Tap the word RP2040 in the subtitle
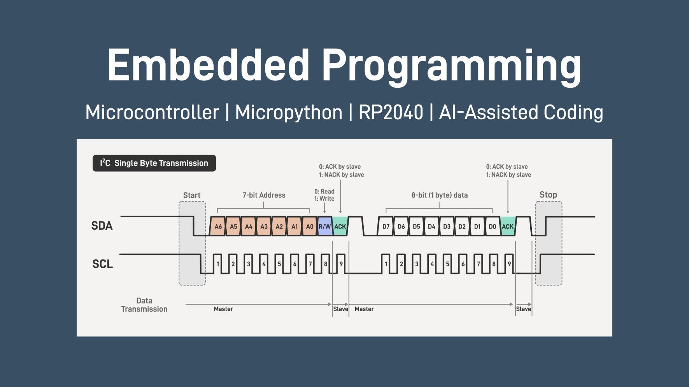[390, 113]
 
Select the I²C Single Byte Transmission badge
[154, 163]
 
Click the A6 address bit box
[218, 227]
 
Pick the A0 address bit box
[310, 227]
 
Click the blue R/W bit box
[324, 227]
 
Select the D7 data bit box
[386, 227]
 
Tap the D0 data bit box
[492, 227]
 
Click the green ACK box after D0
[508, 227]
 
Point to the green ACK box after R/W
[340, 227]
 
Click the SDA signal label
[102, 226]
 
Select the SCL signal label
[102, 264]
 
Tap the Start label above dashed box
[192, 195]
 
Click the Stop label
[548, 195]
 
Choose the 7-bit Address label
[264, 195]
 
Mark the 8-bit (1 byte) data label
[439, 195]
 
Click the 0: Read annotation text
[324, 192]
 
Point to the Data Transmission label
[144, 305]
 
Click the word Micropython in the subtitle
[288, 113]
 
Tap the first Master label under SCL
[223, 309]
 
